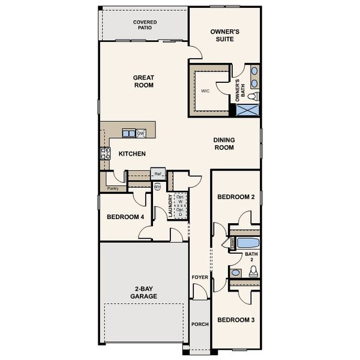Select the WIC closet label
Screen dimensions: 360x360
pyautogui.click(x=205, y=91)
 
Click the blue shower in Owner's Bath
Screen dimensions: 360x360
pyautogui.click(x=247, y=109)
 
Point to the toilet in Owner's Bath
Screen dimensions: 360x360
pyautogui.click(x=253, y=95)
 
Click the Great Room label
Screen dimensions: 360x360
pyautogui.click(x=144, y=81)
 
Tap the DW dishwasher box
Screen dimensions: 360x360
pyautogui.click(x=141, y=133)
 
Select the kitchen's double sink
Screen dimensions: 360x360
pyautogui.click(x=128, y=133)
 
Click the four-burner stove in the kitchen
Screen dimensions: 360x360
pyautogui.click(x=105, y=154)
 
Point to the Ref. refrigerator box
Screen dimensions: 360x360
pyautogui.click(x=158, y=174)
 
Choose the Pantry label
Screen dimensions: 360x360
pyautogui.click(x=113, y=188)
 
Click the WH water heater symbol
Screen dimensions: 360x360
pyautogui.click(x=157, y=187)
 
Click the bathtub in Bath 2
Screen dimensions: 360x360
pyautogui.click(x=247, y=243)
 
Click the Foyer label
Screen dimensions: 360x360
pyautogui.click(x=199, y=277)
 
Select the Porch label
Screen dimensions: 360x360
pyautogui.click(x=199, y=325)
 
